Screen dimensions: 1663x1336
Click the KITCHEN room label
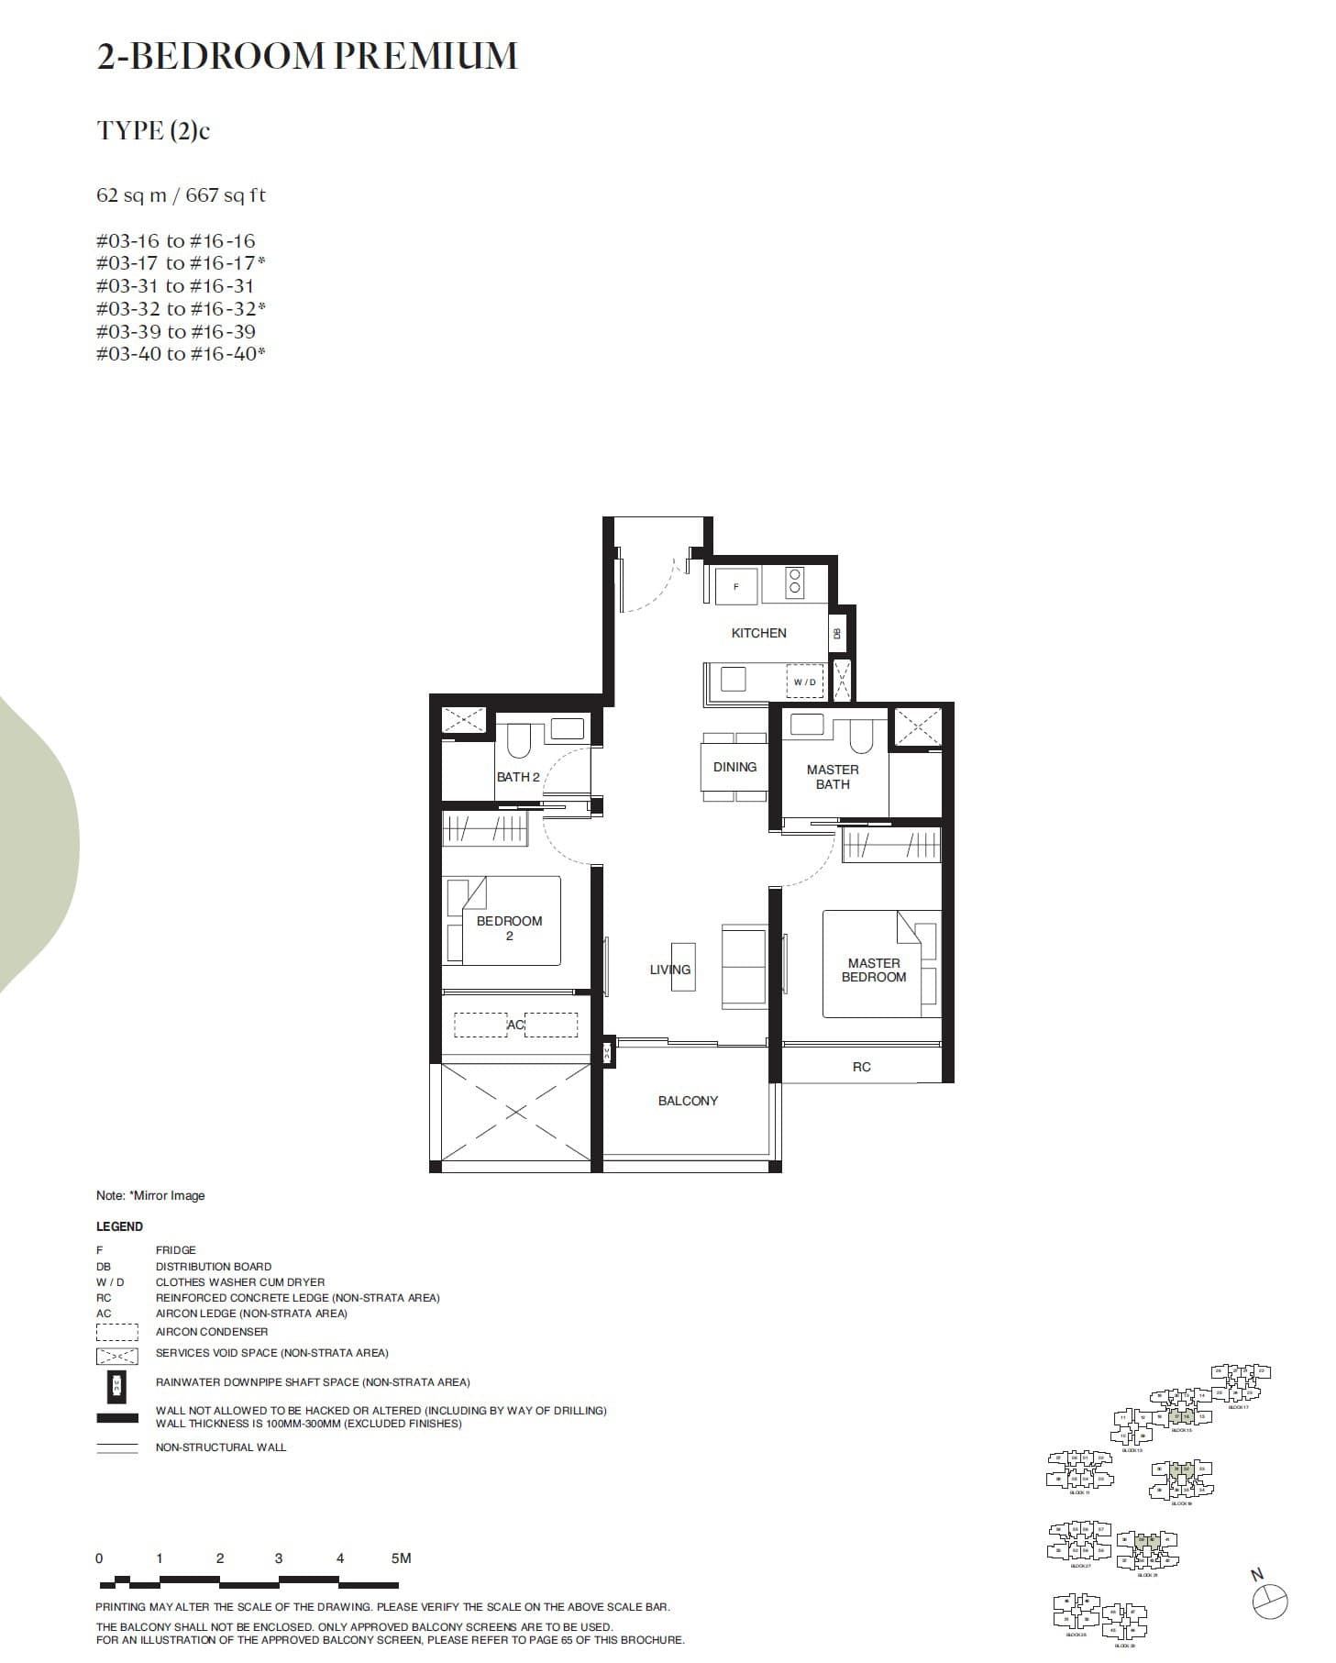(758, 633)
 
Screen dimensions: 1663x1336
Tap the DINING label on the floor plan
(734, 767)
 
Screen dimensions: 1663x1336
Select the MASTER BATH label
(833, 777)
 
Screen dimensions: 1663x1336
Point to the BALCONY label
(688, 1101)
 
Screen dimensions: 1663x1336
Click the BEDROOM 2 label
(509, 927)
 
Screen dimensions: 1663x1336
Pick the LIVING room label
(669, 970)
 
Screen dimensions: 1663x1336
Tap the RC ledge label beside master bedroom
(861, 1067)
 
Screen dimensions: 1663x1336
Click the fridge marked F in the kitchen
(735, 585)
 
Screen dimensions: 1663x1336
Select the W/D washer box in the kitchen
(804, 682)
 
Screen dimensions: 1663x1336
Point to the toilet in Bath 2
(519, 739)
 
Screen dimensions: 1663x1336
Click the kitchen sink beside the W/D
(733, 679)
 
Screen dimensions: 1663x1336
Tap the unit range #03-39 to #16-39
(175, 331)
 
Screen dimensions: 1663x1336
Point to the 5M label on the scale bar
(401, 1558)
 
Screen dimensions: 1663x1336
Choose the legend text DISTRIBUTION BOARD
(213, 1266)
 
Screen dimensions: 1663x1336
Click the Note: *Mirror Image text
(150, 1195)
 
